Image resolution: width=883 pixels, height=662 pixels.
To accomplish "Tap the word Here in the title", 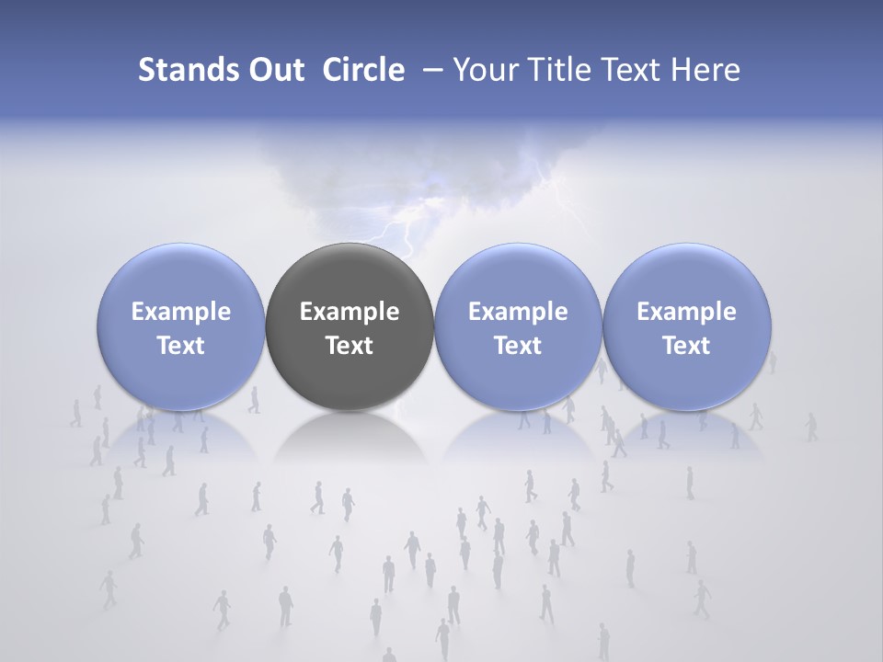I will coord(705,70).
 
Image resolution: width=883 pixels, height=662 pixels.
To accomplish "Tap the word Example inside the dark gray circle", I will coord(350,312).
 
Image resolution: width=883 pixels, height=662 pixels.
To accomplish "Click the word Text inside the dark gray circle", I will coord(350,346).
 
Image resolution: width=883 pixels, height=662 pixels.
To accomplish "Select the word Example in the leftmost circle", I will coord(181,312).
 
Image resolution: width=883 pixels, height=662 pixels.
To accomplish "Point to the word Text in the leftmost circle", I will coord(181,346).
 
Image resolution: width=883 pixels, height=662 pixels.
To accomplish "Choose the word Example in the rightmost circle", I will coord(687,312).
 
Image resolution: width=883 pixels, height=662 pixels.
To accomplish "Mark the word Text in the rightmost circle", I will coord(687,346).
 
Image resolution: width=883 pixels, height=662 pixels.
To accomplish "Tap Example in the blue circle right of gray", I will coord(518,312).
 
